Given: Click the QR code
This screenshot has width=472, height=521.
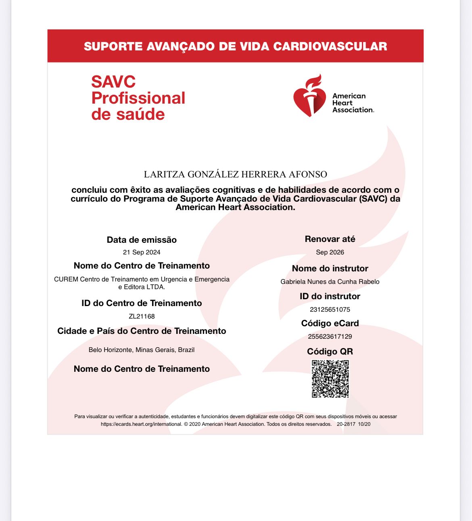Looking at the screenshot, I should point(330,379).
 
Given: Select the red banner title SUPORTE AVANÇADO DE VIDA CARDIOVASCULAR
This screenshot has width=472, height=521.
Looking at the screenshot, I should point(235,46).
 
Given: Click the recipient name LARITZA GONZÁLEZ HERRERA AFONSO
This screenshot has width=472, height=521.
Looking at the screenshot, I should point(236,174).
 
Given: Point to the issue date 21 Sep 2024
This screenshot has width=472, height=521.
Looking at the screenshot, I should point(142,252).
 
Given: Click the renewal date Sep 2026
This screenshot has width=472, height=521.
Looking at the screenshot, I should point(330,252).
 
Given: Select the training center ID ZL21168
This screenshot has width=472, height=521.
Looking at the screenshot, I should point(142,317).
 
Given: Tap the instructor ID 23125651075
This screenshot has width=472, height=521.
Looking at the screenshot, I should point(330,310).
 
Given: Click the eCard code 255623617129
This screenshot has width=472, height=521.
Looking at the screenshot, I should point(330,337).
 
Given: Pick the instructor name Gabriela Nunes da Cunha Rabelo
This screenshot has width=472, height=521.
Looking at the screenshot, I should point(330,282).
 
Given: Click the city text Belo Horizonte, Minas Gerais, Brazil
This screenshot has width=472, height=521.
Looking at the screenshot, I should point(142,350).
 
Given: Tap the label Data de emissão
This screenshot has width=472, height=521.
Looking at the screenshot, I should point(142,240).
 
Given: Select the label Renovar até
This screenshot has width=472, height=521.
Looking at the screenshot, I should point(330,239).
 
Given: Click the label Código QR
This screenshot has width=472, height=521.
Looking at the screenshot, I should point(330,352).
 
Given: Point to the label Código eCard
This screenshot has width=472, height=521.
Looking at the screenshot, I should point(330,323).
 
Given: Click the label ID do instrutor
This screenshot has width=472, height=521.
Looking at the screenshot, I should point(330,296).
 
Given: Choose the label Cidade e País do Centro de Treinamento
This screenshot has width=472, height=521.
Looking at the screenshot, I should point(142,331).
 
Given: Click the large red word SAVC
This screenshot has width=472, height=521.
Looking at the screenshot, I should point(113,82).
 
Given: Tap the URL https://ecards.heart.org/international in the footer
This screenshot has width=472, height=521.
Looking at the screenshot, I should point(141,424).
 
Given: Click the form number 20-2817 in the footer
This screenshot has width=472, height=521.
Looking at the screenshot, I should point(346,424).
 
